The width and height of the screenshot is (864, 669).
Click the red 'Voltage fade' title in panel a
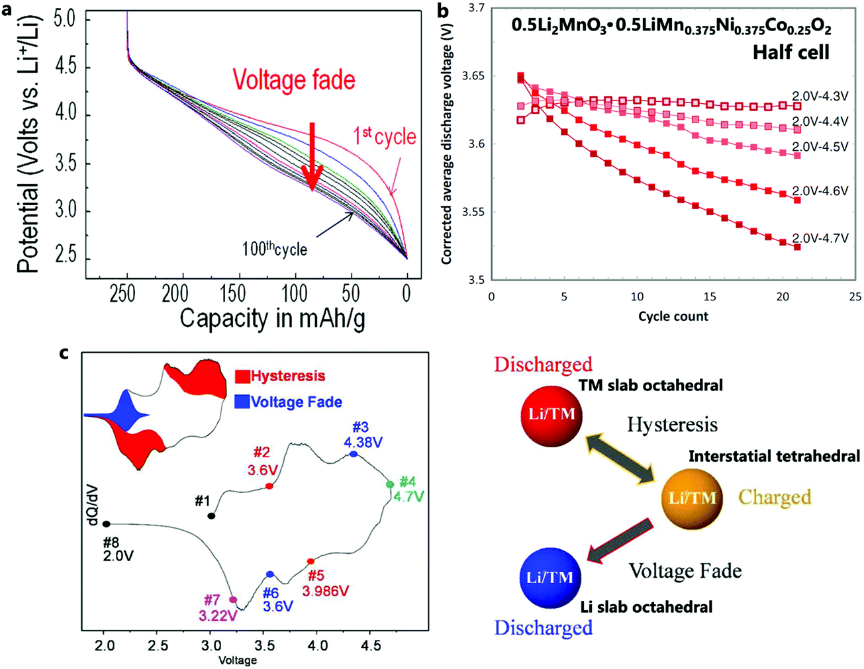pyautogui.click(x=293, y=80)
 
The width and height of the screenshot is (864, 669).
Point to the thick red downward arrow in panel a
pyautogui.click(x=312, y=156)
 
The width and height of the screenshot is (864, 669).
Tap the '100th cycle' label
pyautogui.click(x=274, y=249)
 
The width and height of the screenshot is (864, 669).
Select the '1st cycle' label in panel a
pyautogui.click(x=385, y=137)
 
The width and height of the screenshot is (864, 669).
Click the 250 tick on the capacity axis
pyautogui.click(x=123, y=294)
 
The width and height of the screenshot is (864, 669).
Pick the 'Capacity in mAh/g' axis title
pyautogui.click(x=272, y=318)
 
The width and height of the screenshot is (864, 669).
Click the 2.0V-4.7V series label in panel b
pyautogui.click(x=820, y=238)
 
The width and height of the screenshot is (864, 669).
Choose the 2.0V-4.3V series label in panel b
pyautogui.click(x=820, y=97)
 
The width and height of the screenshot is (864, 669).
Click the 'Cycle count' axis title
pyautogui.click(x=673, y=316)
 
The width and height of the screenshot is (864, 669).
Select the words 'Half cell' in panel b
pyautogui.click(x=791, y=52)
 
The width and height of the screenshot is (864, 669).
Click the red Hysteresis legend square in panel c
pyautogui.click(x=242, y=377)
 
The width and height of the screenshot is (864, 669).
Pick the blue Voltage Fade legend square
pyautogui.click(x=242, y=402)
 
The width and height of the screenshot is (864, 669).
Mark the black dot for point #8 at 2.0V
pyautogui.click(x=107, y=524)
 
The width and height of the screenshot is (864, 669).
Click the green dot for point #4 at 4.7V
pyautogui.click(x=390, y=485)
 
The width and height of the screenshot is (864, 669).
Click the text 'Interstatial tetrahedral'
pyautogui.click(x=774, y=456)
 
